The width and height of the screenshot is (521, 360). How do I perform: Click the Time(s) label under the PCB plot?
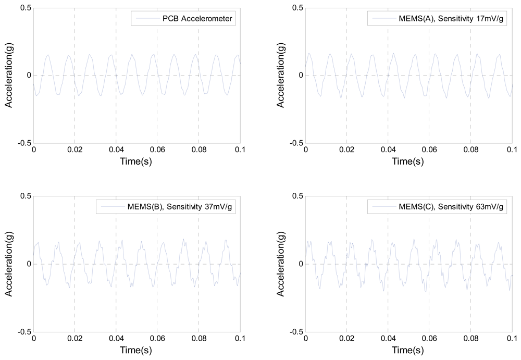137,162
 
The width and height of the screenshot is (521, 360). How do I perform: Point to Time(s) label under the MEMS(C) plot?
409,350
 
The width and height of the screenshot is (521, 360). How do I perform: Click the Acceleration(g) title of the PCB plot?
9,76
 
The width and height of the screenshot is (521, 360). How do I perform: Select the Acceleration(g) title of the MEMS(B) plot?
9,264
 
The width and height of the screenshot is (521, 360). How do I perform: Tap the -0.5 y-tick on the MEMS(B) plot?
23,331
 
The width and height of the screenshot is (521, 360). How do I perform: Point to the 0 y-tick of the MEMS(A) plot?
300,76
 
